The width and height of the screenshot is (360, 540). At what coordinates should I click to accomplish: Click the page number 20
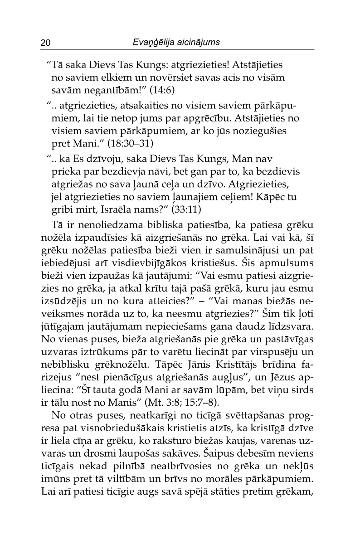45,43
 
